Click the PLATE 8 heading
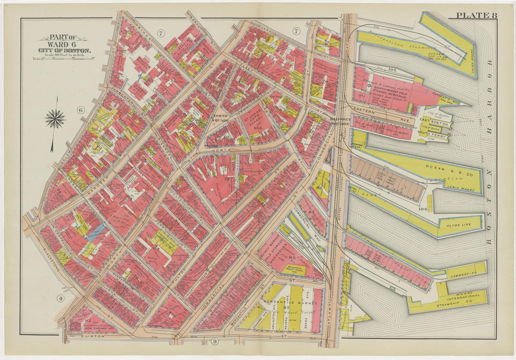[x=476, y=15]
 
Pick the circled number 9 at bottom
[x=215, y=341]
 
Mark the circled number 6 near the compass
[x=80, y=110]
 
